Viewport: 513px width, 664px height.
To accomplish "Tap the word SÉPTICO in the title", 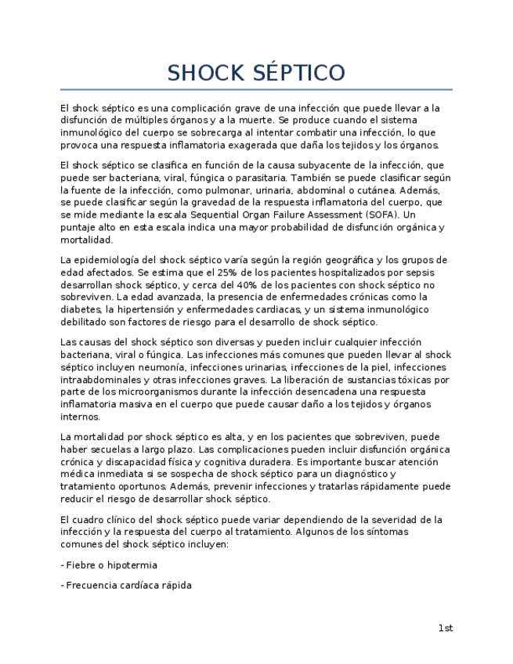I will [x=300, y=74].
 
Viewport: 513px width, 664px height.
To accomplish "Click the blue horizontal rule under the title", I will [x=256, y=90].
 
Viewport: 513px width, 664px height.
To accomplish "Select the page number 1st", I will [x=445, y=628].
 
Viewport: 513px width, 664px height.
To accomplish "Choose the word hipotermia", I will [x=132, y=565].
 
